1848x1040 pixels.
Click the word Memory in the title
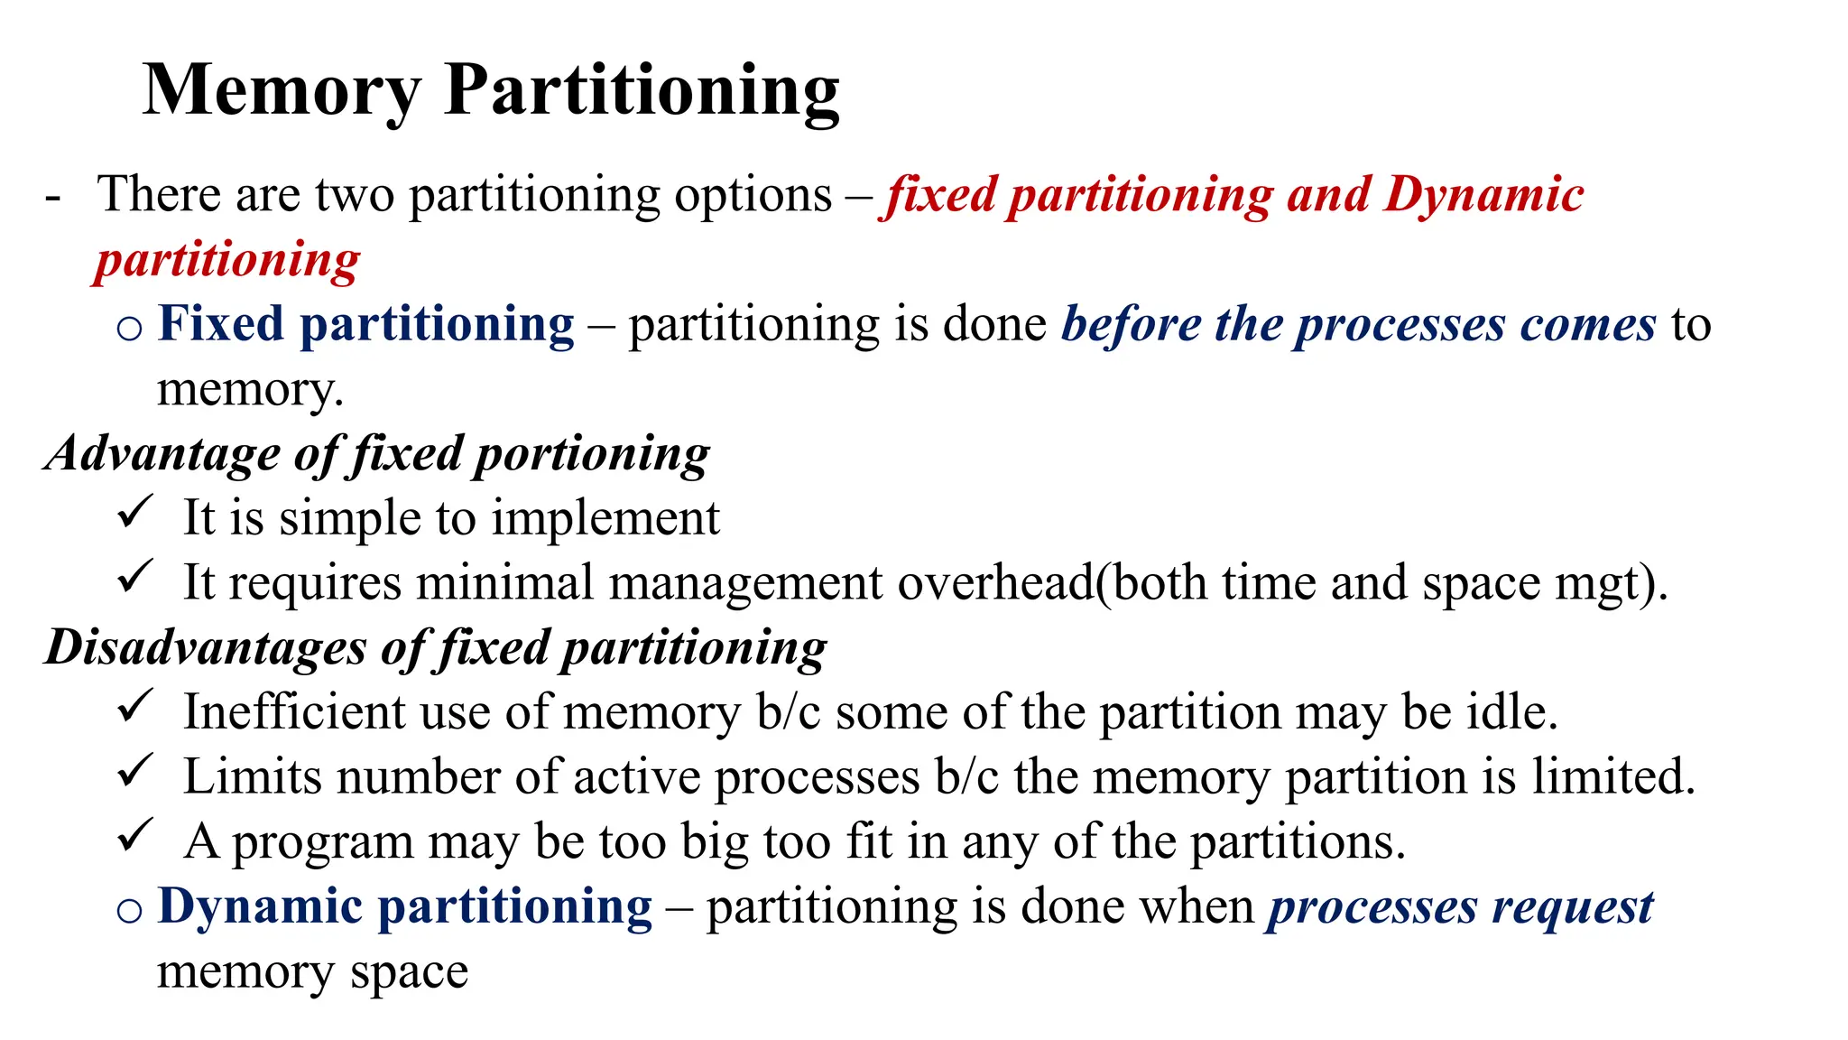coord(282,90)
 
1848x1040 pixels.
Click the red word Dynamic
coord(1483,194)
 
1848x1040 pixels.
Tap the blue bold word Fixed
coord(221,324)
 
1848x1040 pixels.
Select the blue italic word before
coord(1130,324)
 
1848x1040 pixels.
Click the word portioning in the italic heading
coord(592,453)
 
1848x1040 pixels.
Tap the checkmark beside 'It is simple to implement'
coord(135,512)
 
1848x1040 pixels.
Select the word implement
coord(605,519)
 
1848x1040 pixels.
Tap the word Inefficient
coord(294,711)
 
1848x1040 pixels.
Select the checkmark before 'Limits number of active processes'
coord(135,770)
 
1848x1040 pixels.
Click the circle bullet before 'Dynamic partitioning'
coord(129,910)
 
